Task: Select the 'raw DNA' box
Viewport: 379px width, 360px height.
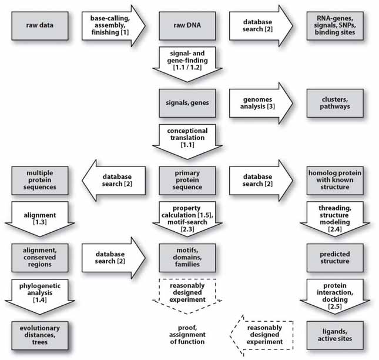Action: (x=186, y=25)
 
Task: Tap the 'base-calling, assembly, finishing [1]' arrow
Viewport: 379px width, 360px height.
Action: (x=110, y=25)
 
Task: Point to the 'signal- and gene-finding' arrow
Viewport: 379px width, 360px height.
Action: (x=186, y=64)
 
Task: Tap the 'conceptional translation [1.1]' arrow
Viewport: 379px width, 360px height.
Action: (x=186, y=140)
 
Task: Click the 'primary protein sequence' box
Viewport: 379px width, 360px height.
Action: (x=186, y=180)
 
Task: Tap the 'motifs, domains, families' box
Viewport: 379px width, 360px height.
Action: (x=186, y=257)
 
